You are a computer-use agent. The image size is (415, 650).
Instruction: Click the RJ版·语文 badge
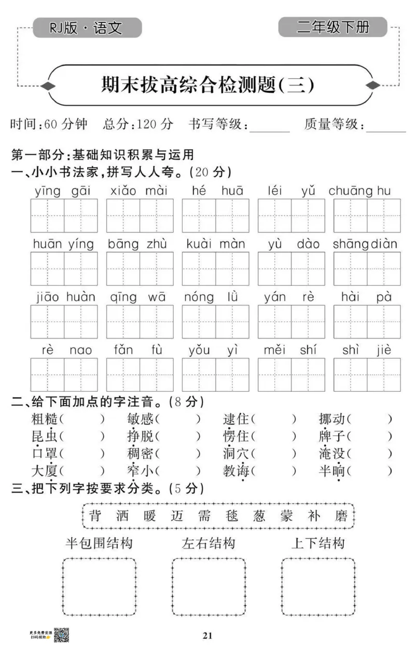[87, 27]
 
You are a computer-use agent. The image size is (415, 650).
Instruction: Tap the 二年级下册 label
[333, 27]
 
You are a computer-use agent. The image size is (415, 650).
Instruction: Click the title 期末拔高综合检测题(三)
[208, 85]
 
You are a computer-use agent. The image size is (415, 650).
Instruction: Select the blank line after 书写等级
[269, 126]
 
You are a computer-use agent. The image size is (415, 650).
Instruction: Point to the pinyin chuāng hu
[359, 191]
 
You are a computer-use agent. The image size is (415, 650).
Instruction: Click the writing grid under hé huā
[215, 216]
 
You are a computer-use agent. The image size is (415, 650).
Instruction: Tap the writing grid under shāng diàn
[367, 269]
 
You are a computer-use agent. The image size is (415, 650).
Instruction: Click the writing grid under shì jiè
[367, 375]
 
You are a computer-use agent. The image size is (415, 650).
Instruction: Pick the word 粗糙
[45, 419]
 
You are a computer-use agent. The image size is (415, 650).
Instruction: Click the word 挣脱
[140, 437]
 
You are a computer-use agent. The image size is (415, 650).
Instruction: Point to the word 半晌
[331, 471]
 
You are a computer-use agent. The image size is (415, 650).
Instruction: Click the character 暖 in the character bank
[147, 516]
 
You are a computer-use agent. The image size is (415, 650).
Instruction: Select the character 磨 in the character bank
[341, 516]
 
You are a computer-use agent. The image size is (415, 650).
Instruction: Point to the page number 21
[208, 635]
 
